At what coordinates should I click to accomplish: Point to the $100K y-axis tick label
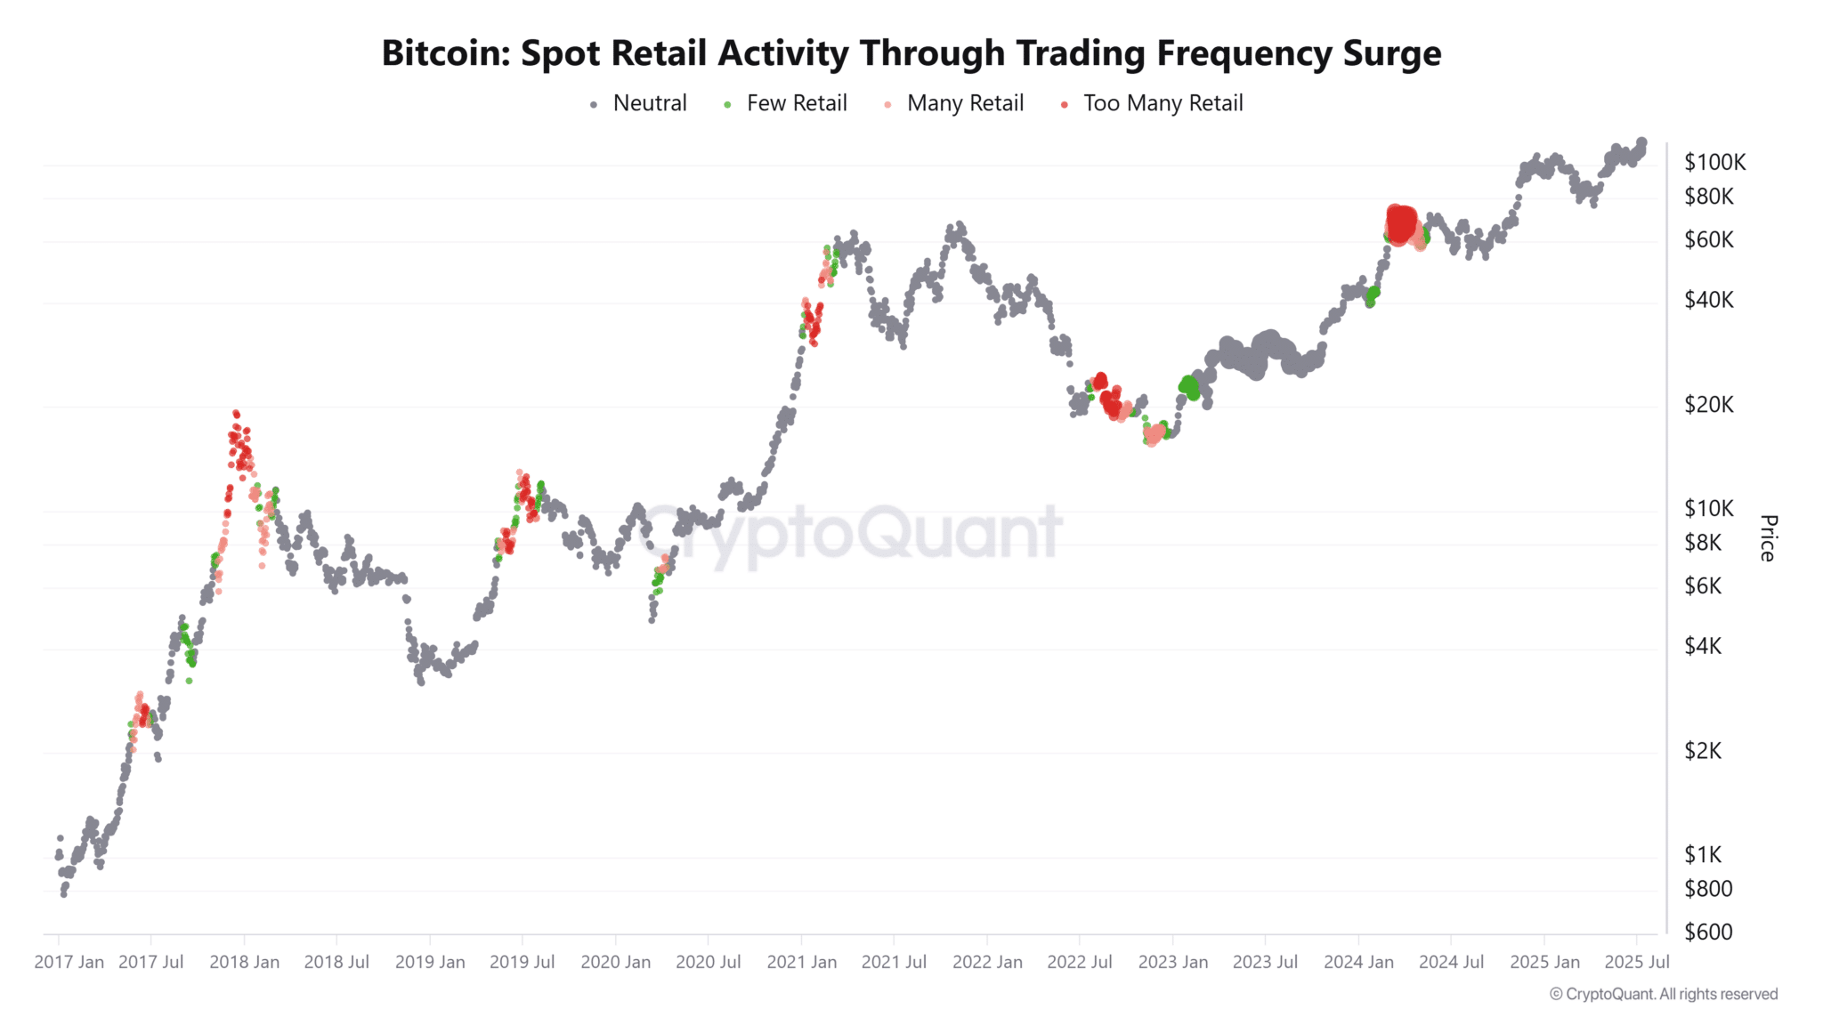click(1714, 163)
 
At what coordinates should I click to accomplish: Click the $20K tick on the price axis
click(1709, 405)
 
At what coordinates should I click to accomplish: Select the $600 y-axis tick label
click(1708, 932)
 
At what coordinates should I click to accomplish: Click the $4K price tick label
click(1703, 647)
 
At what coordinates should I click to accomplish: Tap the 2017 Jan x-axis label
click(69, 963)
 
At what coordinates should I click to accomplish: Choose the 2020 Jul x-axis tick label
click(708, 963)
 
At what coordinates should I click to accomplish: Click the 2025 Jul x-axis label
click(1636, 963)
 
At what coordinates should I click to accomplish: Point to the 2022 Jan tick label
click(987, 963)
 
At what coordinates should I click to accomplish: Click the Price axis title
click(1768, 537)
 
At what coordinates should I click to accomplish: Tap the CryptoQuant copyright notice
click(1663, 995)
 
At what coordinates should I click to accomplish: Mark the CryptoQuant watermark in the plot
click(850, 532)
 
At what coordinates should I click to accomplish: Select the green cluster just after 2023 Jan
click(1189, 387)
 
